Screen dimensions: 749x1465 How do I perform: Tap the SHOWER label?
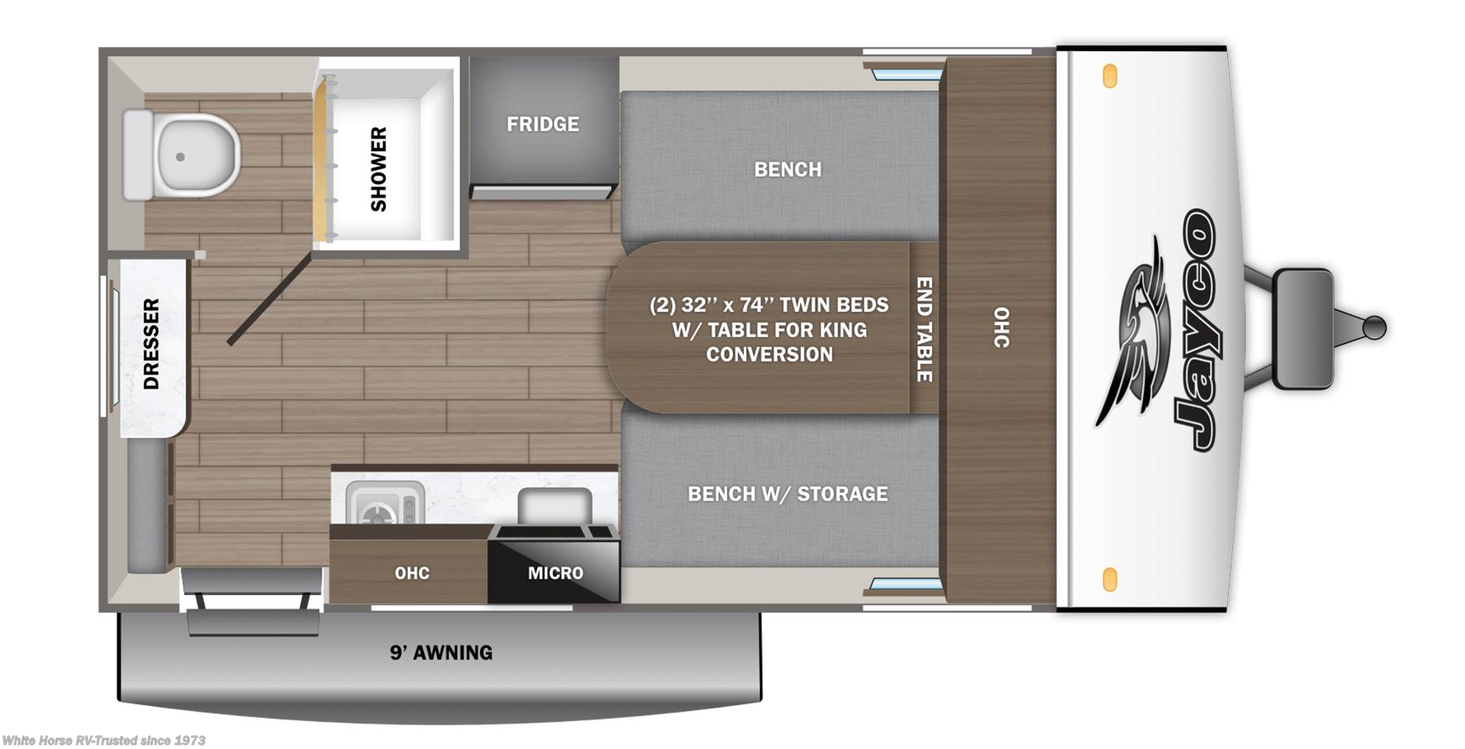click(378, 169)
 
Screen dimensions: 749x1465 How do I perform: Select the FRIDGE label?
click(543, 125)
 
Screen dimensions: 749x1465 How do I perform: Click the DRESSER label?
click(151, 344)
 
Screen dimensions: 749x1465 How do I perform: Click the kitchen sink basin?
click(554, 506)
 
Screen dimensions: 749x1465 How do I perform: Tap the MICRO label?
click(555, 573)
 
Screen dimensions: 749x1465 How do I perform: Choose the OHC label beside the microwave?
click(412, 573)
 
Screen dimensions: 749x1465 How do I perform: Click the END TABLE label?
click(925, 329)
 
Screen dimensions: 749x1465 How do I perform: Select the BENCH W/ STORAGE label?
click(787, 494)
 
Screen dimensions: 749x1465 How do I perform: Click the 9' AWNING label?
click(441, 653)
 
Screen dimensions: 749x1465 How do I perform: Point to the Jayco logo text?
click(1195, 330)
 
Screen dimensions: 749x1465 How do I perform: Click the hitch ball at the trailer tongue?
click(1375, 327)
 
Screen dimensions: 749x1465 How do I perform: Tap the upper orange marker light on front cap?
click(1109, 77)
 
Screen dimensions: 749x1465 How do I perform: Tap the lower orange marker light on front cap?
click(1109, 580)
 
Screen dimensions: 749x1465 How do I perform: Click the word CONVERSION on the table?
click(769, 355)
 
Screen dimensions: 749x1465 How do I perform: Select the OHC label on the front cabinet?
click(1001, 327)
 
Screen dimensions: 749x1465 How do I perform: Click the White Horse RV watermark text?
click(103, 740)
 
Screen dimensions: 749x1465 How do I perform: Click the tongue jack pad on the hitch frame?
click(1302, 328)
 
